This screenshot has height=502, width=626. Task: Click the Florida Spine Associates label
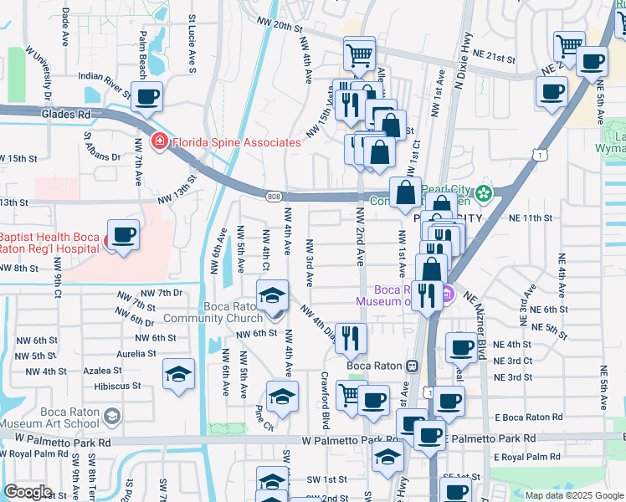236,142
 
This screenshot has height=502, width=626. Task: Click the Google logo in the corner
28,492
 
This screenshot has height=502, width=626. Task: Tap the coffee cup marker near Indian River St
147,96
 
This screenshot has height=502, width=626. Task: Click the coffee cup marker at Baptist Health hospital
123,235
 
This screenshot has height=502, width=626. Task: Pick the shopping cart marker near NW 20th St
358,56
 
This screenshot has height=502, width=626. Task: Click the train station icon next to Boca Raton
412,366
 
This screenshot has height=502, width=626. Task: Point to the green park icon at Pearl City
483,194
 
